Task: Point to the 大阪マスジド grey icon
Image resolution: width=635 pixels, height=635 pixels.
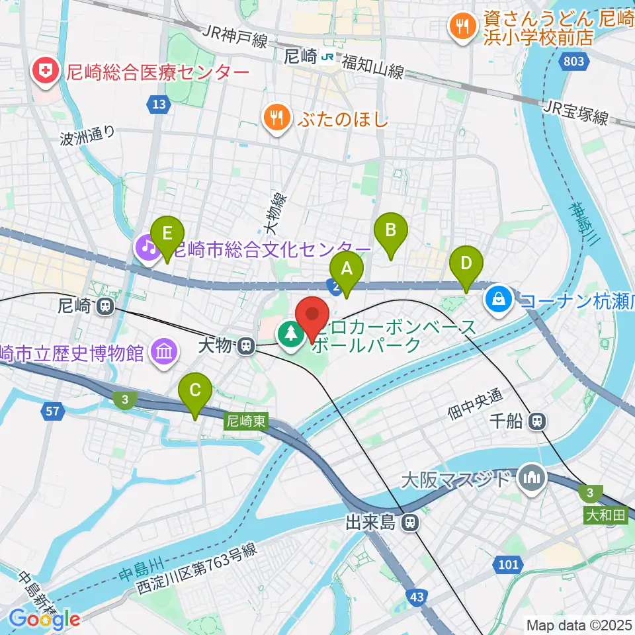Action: pos(532,478)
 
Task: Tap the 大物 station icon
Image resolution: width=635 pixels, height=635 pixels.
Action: pos(246,345)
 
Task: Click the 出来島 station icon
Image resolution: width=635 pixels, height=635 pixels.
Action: pos(412,523)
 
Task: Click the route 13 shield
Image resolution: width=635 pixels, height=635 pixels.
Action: pos(157,104)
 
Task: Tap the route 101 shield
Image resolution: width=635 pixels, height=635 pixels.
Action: pos(507,564)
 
